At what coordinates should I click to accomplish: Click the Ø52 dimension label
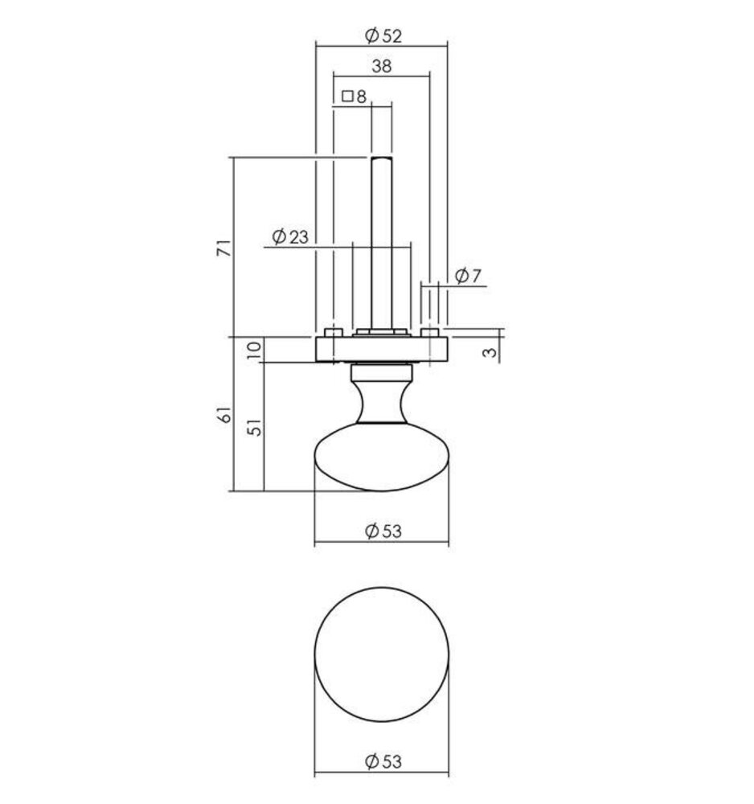382,35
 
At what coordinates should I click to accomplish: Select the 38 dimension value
382,67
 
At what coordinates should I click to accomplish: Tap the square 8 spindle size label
354,96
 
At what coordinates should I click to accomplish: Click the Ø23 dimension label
290,236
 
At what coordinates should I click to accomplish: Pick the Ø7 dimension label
467,276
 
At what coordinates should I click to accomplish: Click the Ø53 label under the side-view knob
382,531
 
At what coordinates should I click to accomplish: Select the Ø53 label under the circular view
382,760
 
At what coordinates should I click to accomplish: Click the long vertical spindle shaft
381,241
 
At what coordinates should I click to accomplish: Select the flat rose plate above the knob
381,349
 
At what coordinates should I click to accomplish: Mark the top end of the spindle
381,159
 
